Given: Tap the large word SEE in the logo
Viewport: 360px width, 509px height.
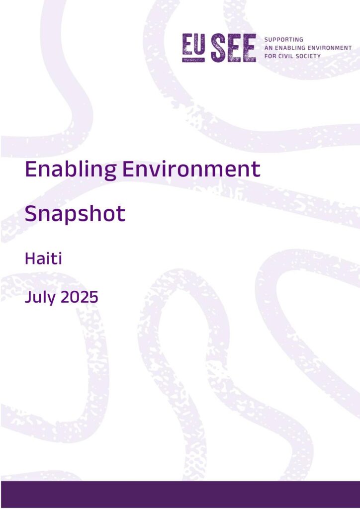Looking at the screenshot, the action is (x=233, y=48).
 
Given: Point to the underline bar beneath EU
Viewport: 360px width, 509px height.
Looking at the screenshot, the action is (x=193, y=60).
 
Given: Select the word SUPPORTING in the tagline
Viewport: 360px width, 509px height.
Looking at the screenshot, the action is (x=284, y=40).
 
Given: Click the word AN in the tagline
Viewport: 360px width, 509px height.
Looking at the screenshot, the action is (x=268, y=48).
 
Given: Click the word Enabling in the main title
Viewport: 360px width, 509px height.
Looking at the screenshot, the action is (x=71, y=170).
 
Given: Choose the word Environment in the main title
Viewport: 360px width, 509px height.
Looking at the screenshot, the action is (x=191, y=169).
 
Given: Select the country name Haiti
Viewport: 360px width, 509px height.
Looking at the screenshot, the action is (x=43, y=258).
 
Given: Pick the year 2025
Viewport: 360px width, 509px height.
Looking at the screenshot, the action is (x=80, y=297).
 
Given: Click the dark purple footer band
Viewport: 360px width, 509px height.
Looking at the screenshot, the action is (x=180, y=494).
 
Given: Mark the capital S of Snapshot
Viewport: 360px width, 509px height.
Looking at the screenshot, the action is (x=30, y=213).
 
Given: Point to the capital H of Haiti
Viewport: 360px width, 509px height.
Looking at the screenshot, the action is (x=30, y=258).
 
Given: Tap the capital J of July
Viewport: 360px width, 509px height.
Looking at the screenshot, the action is (x=27, y=297).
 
